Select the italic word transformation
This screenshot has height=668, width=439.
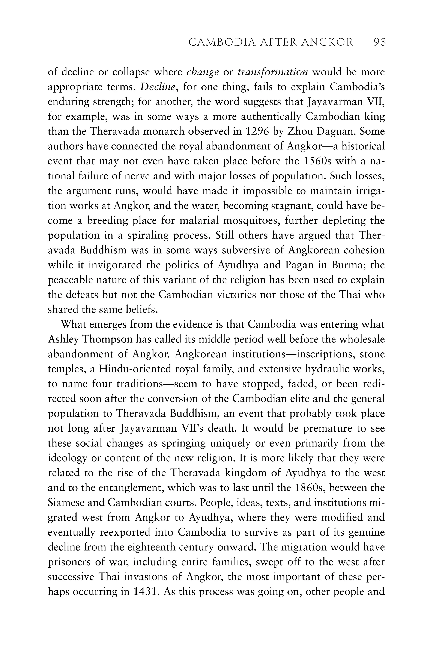pos(273,72)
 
